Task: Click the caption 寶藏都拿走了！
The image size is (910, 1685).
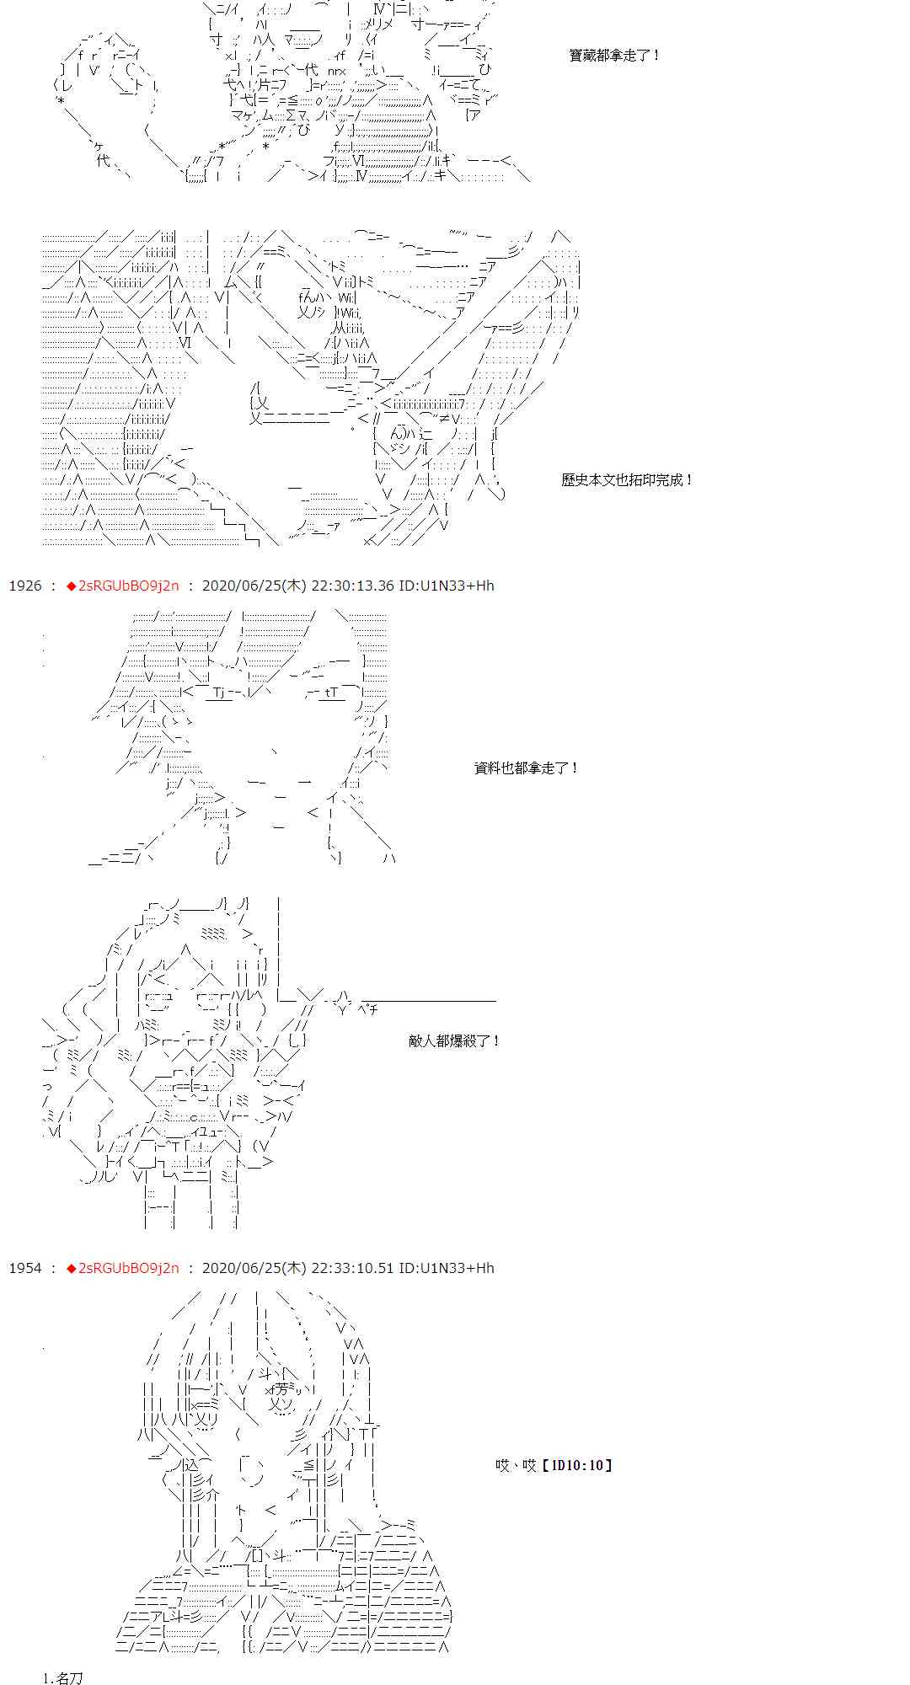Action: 615,56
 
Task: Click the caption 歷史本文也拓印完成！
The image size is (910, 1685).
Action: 627,480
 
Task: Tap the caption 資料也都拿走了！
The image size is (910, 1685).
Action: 527,768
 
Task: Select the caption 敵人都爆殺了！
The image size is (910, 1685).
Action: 454,1041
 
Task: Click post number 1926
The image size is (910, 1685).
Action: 24,586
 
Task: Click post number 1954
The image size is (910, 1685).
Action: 24,1268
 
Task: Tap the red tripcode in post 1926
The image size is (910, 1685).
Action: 123,586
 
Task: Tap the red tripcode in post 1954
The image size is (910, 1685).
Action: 123,1268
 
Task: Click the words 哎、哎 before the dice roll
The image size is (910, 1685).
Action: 516,1466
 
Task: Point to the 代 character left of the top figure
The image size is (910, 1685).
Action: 103,160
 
